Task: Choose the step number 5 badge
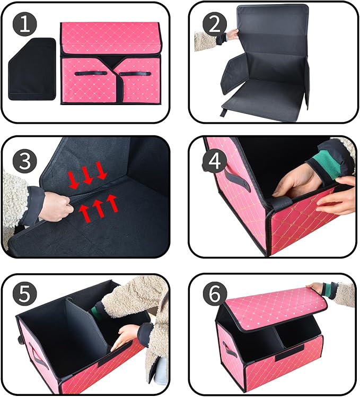[x=25, y=295]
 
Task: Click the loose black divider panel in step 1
[x=32, y=69]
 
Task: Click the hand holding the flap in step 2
[x=232, y=35]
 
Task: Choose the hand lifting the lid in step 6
[x=317, y=288]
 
